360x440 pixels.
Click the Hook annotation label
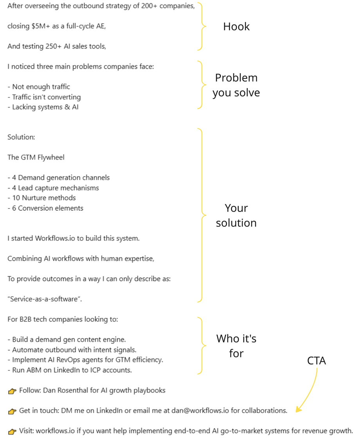[236, 27]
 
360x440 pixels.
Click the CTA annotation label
[317, 361]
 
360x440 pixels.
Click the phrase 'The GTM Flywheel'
[36, 158]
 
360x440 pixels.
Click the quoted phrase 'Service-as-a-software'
[45, 299]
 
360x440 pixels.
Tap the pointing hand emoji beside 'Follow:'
[12, 391]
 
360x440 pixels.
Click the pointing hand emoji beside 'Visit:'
[12, 431]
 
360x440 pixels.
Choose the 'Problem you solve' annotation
[236, 85]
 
